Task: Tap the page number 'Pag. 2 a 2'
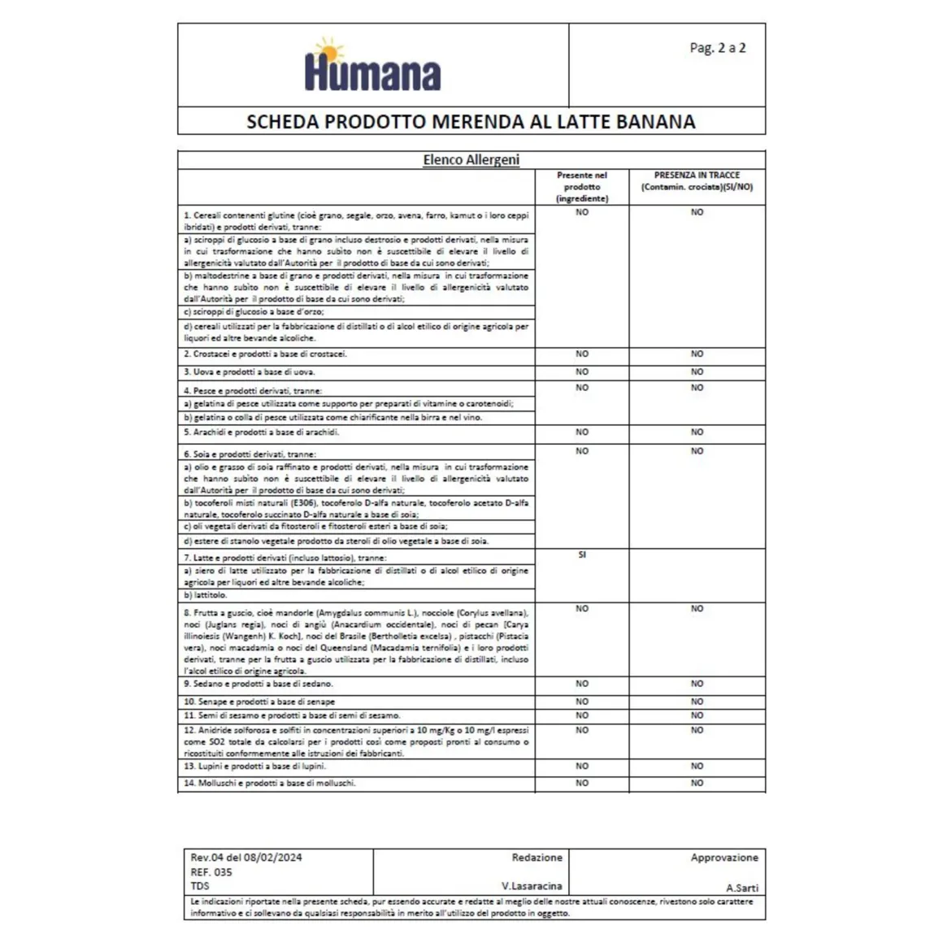[717, 48]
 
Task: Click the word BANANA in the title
[656, 122]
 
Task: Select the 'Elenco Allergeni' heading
[471, 159]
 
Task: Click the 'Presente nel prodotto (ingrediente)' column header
[582, 187]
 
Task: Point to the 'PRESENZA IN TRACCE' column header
[697, 176]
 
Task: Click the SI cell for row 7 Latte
[582, 555]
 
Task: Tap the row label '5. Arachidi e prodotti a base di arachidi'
[261, 432]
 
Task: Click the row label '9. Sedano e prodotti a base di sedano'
[258, 684]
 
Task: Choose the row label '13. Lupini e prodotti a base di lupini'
[254, 767]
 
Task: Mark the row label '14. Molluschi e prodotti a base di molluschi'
[269, 784]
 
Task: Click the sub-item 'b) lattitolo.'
[205, 595]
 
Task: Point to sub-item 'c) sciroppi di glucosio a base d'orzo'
[254, 312]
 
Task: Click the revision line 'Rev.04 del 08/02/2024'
[246, 858]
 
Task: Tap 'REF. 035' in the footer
[211, 872]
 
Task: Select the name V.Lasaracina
[532, 886]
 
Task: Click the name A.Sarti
[742, 889]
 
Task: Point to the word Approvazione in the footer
[724, 858]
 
